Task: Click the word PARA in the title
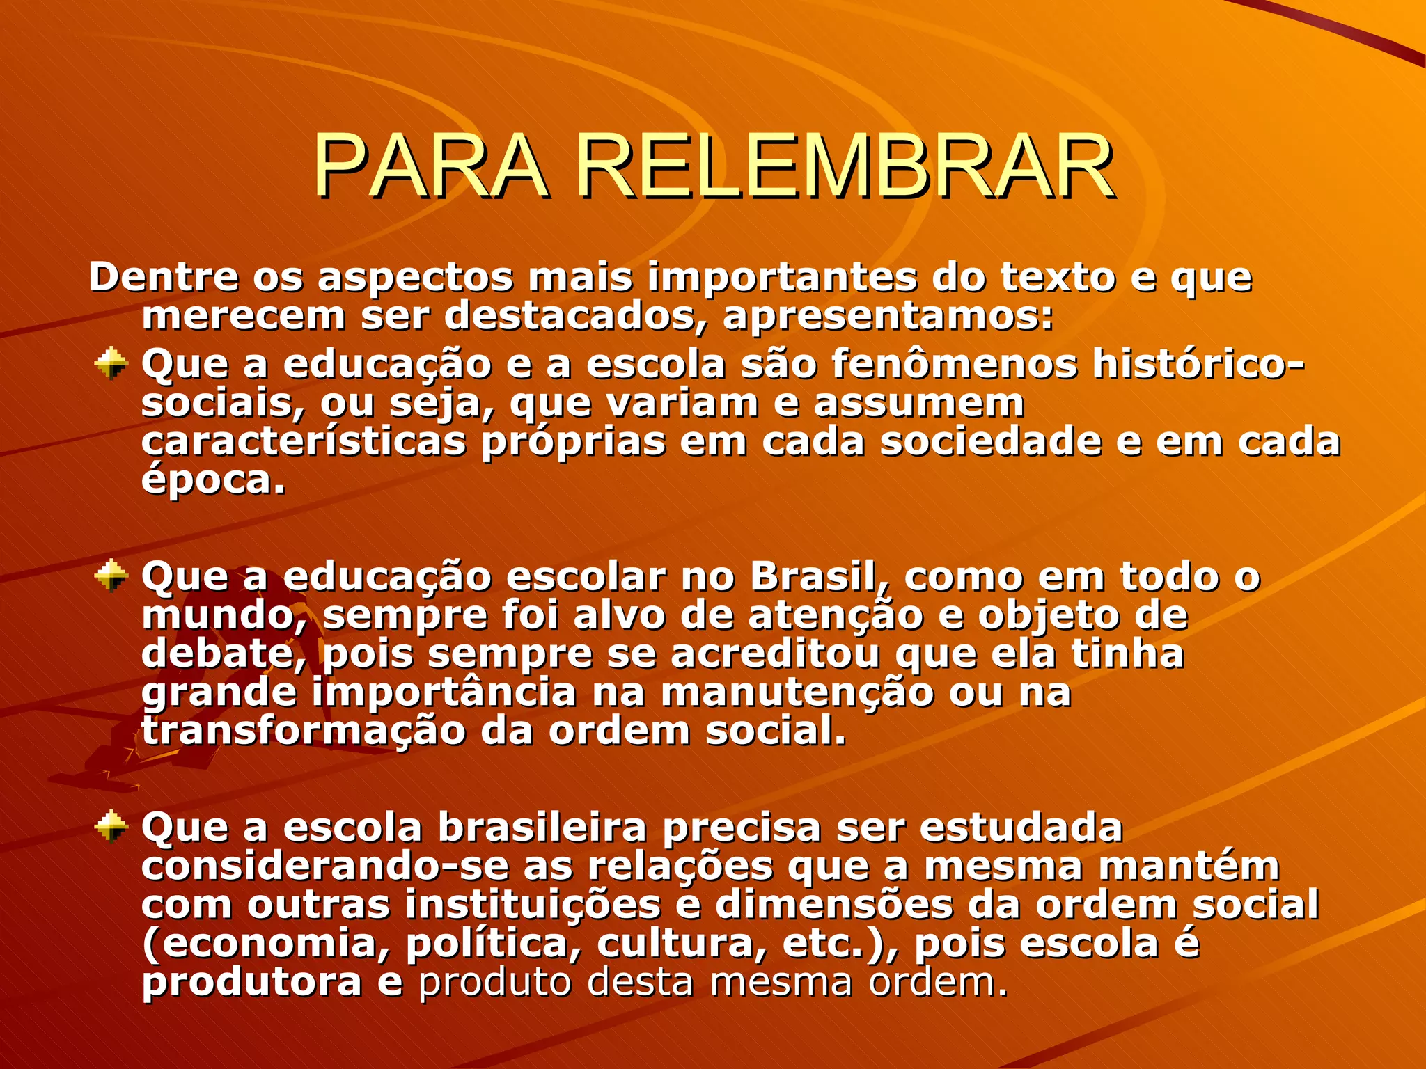coord(429,167)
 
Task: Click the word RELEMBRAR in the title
coord(845,167)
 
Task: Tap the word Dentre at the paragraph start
coord(164,277)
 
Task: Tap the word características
coord(304,442)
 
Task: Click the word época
coord(213,480)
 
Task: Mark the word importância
coord(444,693)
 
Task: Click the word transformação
coord(304,731)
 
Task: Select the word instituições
coord(533,905)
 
